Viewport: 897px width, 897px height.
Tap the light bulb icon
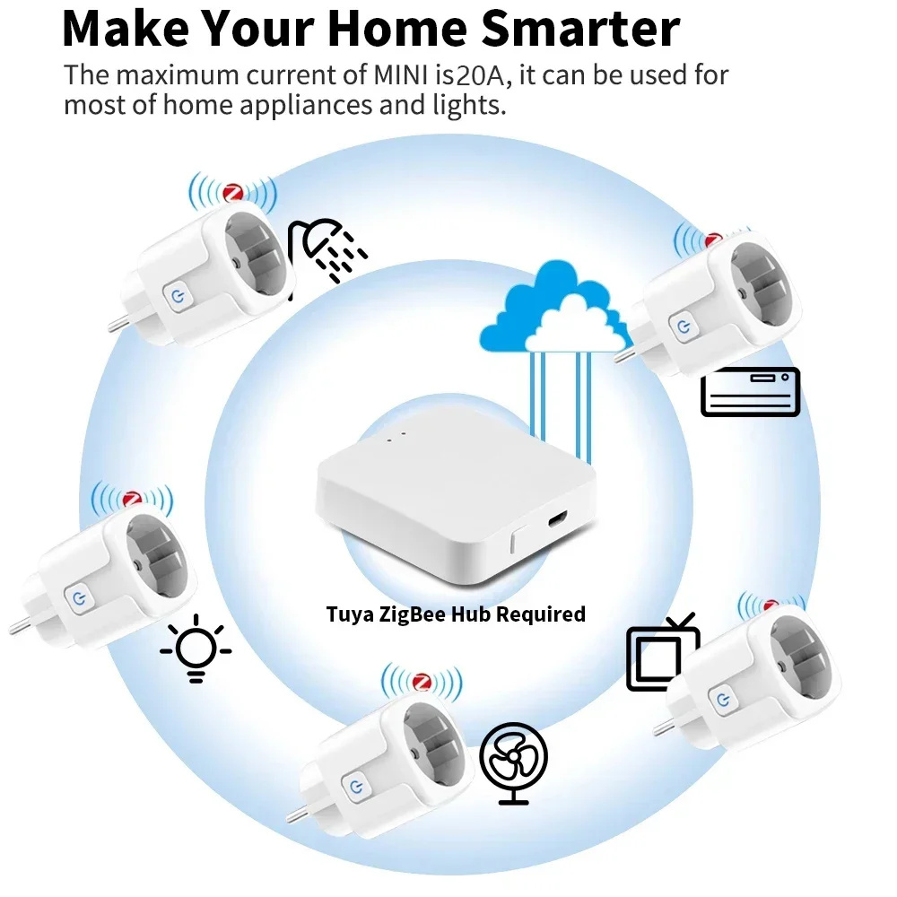tap(196, 649)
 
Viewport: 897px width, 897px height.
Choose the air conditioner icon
tap(750, 392)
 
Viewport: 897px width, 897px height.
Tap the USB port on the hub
tap(557, 520)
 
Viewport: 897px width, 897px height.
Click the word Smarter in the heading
tap(580, 29)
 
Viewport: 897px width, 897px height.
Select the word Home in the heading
tap(397, 29)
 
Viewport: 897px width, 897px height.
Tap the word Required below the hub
tap(541, 614)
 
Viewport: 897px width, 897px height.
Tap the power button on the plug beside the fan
tap(356, 788)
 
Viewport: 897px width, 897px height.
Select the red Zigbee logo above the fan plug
tap(422, 681)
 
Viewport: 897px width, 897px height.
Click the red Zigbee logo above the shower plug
tap(233, 192)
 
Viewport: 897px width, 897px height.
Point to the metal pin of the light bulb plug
tap(22, 626)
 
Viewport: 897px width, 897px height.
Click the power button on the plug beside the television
tap(723, 699)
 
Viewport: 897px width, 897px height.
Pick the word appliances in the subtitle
tap(306, 106)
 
